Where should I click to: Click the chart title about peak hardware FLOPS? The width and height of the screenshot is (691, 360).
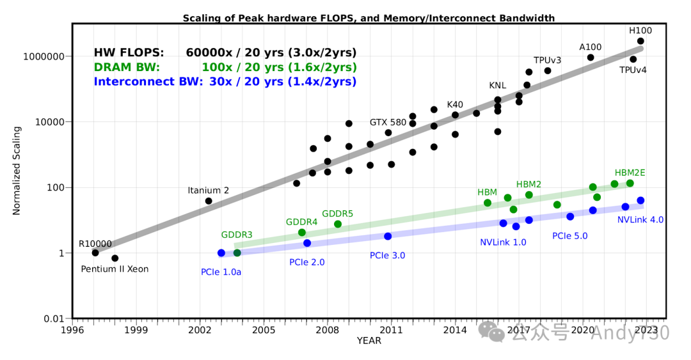(369, 18)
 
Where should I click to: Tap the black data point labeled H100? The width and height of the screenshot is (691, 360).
(640, 41)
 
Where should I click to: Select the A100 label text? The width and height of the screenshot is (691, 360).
(590, 47)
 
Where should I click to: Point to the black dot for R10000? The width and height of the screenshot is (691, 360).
(95, 253)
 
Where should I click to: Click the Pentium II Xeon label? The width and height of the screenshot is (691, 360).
(115, 269)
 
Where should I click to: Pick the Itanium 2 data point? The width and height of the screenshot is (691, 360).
(209, 201)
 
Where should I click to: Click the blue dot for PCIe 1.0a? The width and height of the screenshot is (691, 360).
(221, 253)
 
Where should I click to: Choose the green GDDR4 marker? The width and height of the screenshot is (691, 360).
(302, 232)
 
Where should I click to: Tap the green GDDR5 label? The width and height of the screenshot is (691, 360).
(338, 213)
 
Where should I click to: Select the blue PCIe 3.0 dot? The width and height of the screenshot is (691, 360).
(388, 236)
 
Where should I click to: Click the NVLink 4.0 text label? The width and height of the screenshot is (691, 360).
(640, 219)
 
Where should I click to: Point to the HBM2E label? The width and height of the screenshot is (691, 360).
(630, 173)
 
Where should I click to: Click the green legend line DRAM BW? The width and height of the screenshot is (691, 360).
(225, 67)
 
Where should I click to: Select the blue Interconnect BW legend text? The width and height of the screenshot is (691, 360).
(225, 82)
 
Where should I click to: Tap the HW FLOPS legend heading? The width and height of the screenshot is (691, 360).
(129, 52)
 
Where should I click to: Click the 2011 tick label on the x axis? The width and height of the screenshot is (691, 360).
(391, 330)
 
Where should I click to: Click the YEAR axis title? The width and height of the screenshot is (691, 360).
(369, 341)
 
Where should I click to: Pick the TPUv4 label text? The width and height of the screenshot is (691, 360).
(634, 70)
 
